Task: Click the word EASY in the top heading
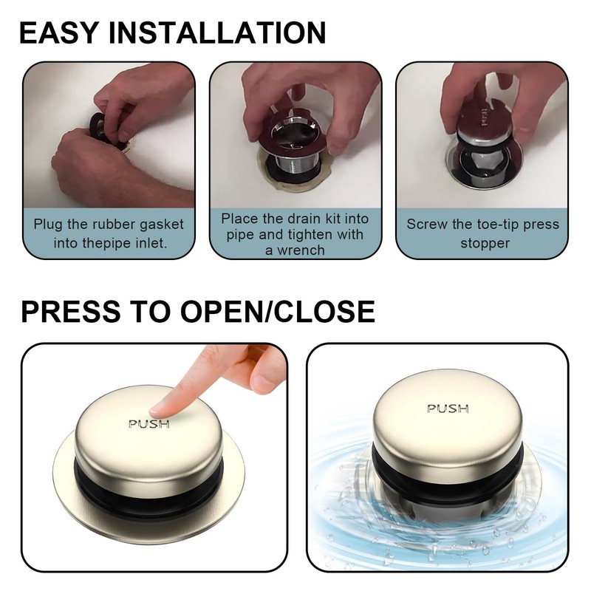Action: (59, 33)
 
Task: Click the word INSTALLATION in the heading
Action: (217, 33)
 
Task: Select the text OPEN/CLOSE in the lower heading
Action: (278, 311)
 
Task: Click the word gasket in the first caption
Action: (162, 225)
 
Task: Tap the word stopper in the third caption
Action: (485, 244)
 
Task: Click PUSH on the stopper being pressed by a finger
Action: (149, 424)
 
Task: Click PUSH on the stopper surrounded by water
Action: (448, 409)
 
